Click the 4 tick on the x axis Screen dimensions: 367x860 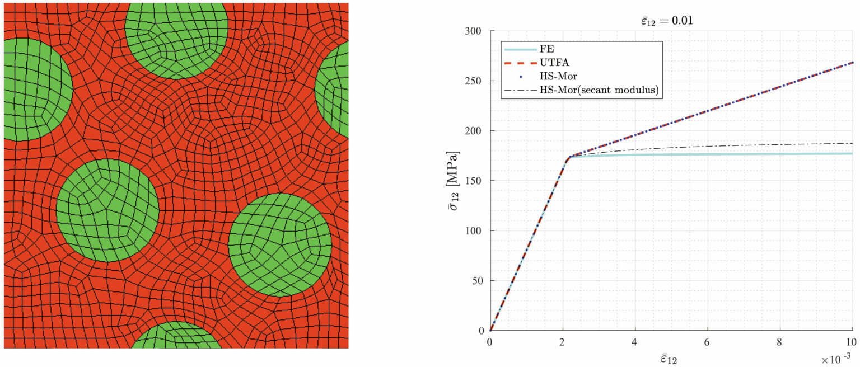[635, 341]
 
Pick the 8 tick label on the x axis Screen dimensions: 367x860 [780, 341]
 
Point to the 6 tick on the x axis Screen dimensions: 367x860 [708, 341]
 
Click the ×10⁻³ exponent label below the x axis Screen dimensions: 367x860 [837, 357]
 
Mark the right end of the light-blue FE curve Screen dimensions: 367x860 [852, 153]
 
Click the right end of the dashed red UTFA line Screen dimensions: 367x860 [852, 62]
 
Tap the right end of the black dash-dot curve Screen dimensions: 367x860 [852, 143]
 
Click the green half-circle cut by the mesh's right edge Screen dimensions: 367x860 [334, 90]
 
